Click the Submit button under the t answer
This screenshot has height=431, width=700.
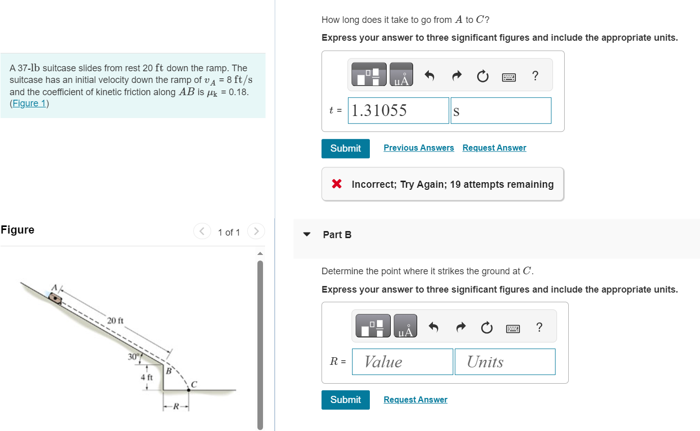[x=345, y=149]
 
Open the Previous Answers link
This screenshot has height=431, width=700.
[x=419, y=148]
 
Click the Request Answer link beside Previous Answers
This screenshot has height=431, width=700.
[x=494, y=148]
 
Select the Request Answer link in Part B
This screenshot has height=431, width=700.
[x=415, y=399]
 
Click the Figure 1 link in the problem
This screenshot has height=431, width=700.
[x=29, y=103]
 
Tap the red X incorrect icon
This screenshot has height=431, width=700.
[x=337, y=184]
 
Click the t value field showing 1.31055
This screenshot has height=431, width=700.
[x=398, y=110]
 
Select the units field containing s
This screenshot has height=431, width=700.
[x=501, y=110]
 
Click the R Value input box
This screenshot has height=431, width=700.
[x=402, y=362]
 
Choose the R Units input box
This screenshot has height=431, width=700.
[x=505, y=362]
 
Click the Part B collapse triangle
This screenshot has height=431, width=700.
[x=307, y=235]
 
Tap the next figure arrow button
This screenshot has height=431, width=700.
[x=256, y=232]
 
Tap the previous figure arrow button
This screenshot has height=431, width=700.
[x=202, y=232]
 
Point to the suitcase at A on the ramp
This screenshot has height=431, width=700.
[x=55, y=299]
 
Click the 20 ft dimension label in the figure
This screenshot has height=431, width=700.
[x=115, y=321]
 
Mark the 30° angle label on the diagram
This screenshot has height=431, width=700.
[x=134, y=357]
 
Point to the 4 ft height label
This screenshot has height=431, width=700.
[x=147, y=378]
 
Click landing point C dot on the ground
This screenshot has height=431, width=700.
[x=188, y=390]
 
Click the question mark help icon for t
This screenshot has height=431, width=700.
[x=535, y=76]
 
